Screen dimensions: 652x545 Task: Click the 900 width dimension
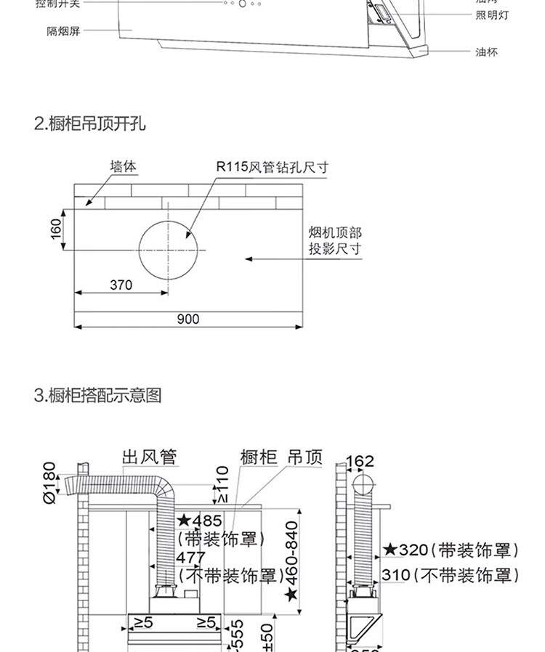tap(187, 319)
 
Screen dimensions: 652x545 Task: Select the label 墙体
tap(123, 166)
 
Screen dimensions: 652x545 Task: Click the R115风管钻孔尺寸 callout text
tap(272, 167)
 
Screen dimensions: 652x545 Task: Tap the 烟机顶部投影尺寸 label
tap(334, 240)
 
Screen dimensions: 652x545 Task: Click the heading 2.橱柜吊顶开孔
tap(90, 123)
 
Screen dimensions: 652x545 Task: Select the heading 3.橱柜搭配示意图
tap(97, 396)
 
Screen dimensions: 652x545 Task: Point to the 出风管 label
tap(149, 457)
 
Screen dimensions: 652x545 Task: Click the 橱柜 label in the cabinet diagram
tap(259, 457)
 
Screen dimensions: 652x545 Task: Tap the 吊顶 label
tap(304, 457)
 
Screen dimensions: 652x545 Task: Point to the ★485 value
tap(200, 521)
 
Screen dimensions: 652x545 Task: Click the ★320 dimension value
tap(406, 550)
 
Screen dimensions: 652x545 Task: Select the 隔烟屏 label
tap(63, 32)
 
